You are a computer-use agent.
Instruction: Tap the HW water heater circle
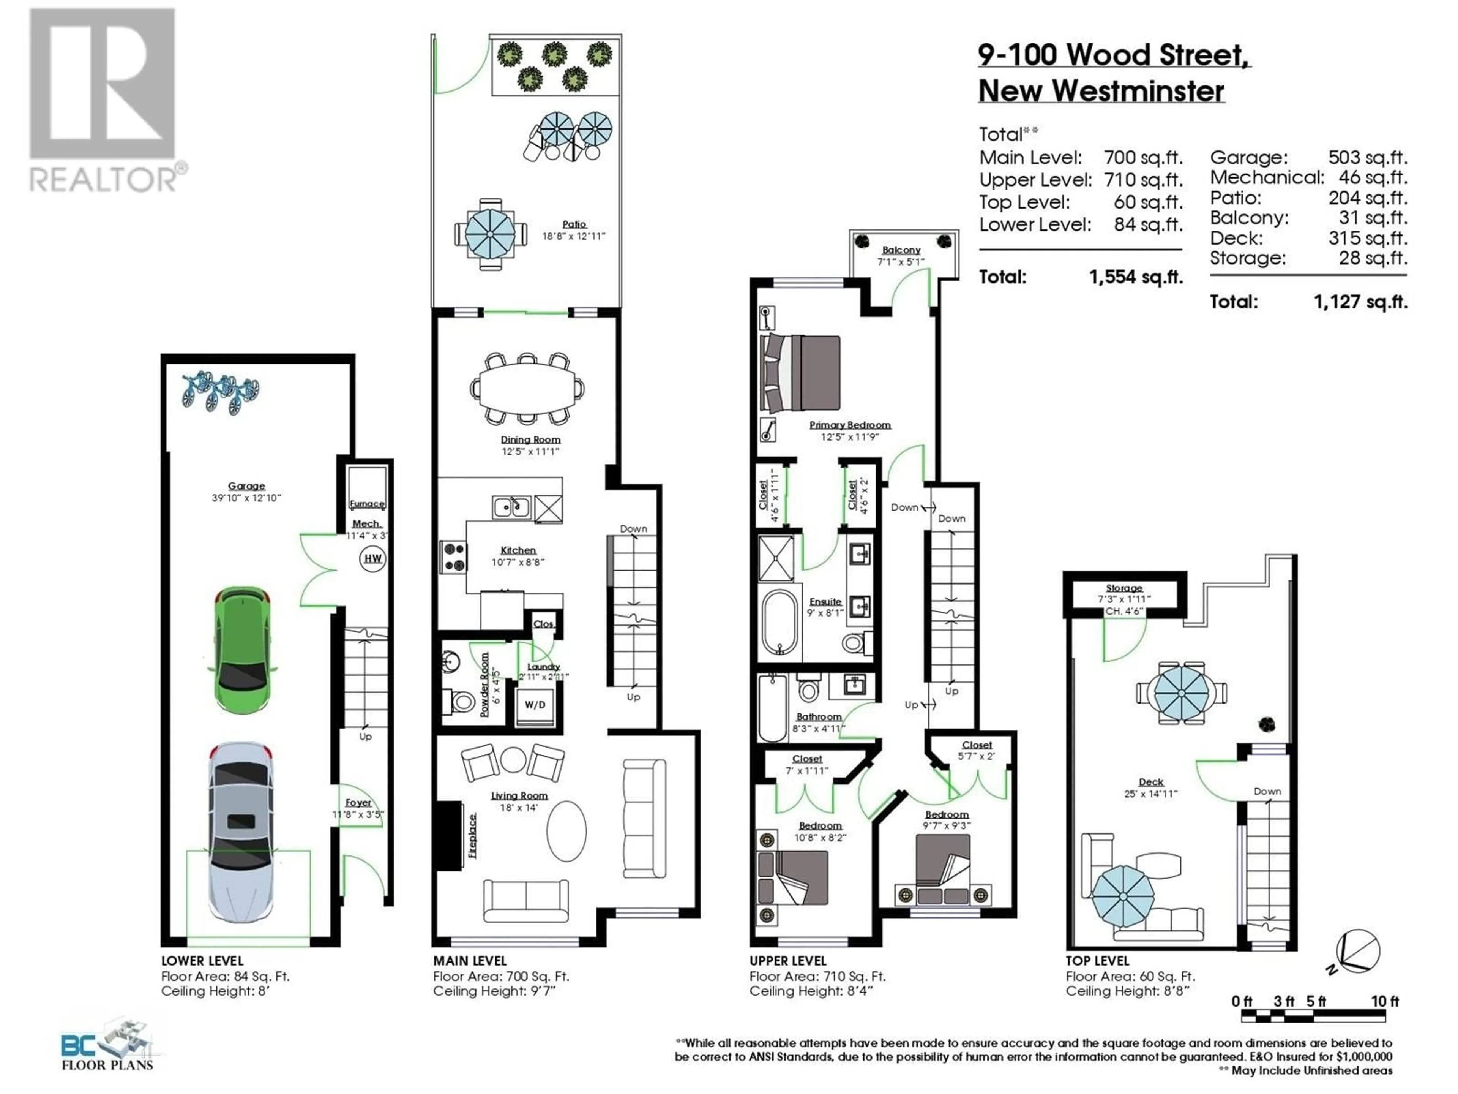point(372,558)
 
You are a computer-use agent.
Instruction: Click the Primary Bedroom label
point(850,425)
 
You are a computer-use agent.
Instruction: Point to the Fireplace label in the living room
point(472,835)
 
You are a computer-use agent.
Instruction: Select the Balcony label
point(901,250)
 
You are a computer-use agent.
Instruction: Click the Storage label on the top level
point(1124,588)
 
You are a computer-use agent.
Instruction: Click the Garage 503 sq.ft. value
point(1368,158)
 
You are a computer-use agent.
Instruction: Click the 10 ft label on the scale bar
point(1385,1001)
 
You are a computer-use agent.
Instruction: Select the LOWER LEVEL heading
point(202,961)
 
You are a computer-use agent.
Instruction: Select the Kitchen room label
point(518,550)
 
